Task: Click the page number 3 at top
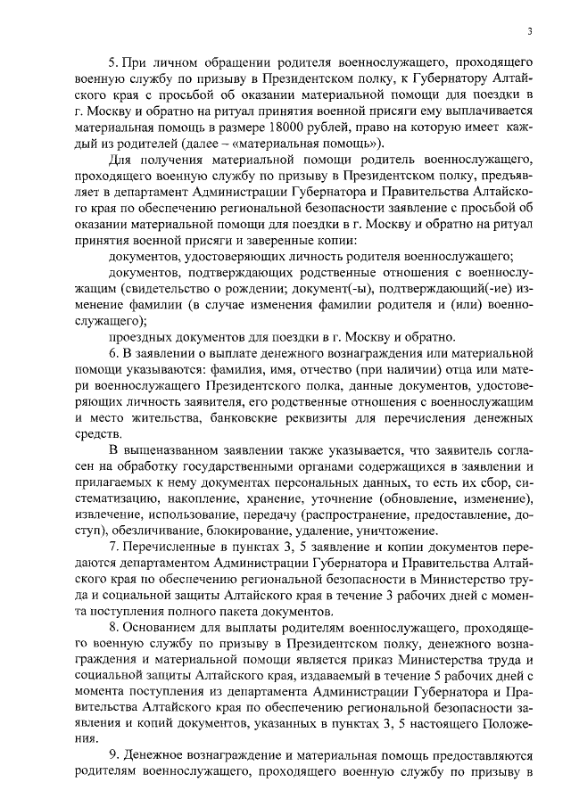(529, 32)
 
